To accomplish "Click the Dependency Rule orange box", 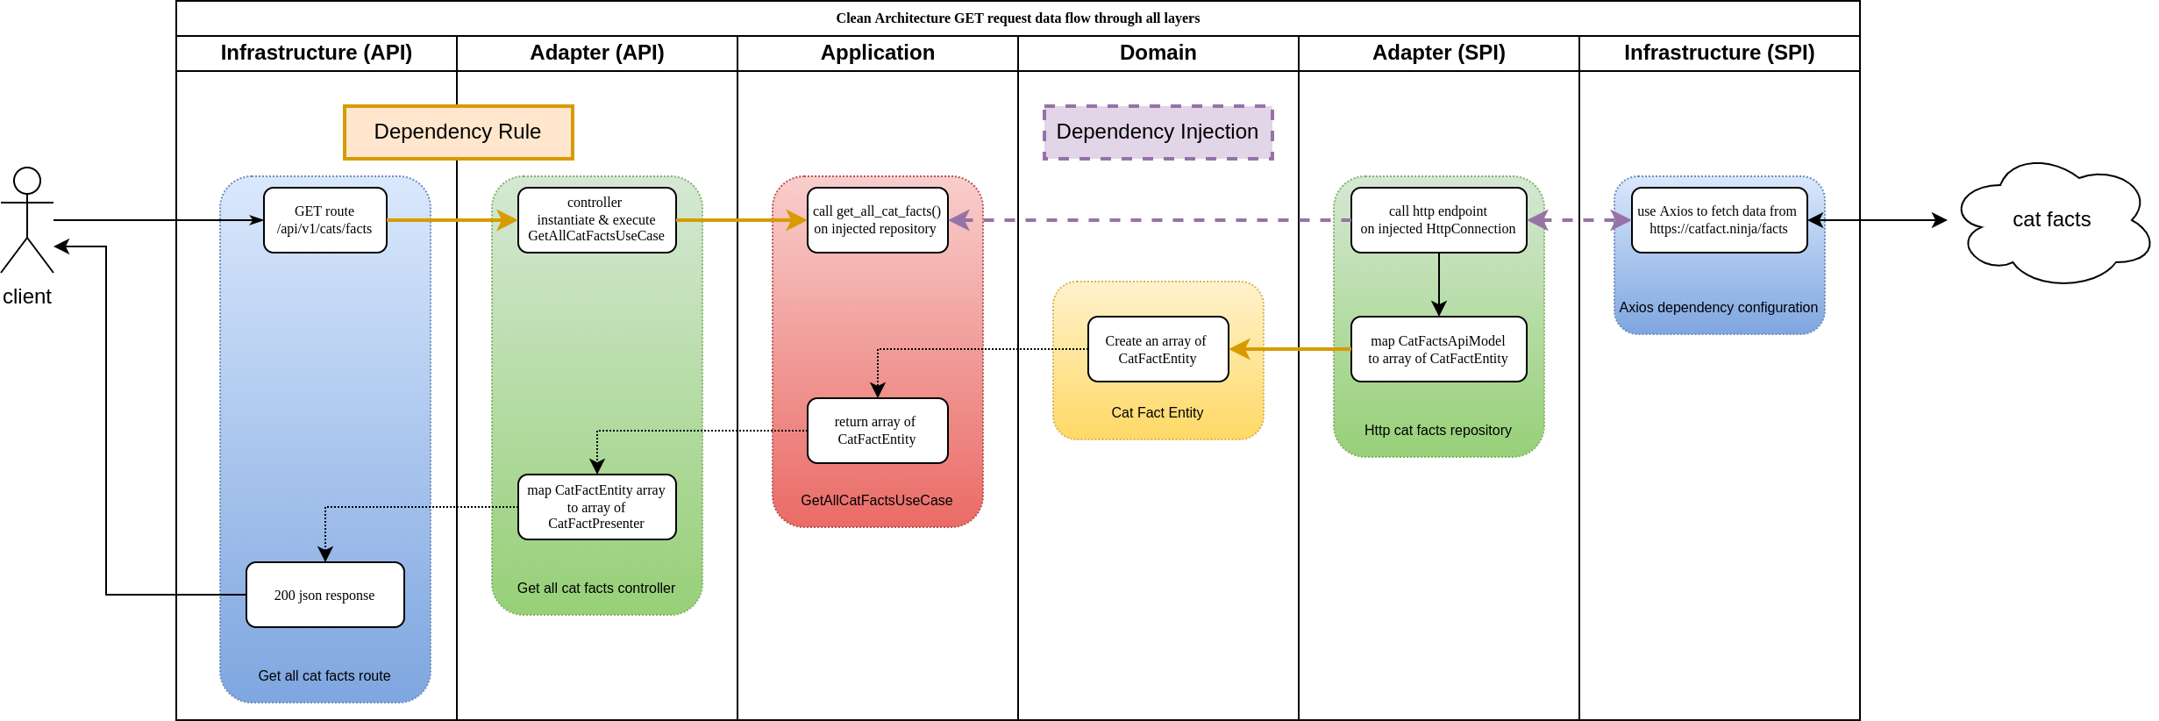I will (458, 132).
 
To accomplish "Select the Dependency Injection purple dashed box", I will (1158, 132).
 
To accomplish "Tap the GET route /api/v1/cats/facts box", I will (324, 220).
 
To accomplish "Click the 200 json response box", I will (324, 595).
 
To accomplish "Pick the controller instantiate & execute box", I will (596, 220).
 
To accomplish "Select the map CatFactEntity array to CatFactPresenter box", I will (596, 507).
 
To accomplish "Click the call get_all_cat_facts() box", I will (877, 220).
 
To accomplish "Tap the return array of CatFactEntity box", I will (877, 431).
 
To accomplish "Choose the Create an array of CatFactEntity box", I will (1158, 349).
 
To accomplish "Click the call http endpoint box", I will (1438, 220).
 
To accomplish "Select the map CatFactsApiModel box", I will (1438, 349).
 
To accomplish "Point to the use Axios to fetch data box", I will (1719, 220).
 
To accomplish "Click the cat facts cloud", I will (2052, 221).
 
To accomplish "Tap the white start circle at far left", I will (27, 181).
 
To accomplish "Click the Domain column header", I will (1158, 53).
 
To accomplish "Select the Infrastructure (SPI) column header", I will (1719, 53).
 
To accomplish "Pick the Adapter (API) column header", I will (596, 53).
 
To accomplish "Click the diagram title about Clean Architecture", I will (1017, 18).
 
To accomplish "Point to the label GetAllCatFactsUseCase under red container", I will (877, 500).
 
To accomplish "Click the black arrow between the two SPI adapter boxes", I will (1439, 284).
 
